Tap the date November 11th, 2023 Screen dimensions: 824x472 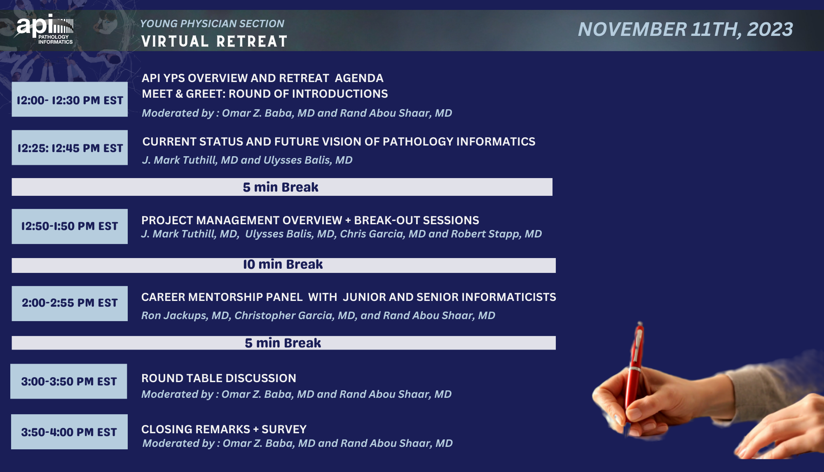(x=685, y=29)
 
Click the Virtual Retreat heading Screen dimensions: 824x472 (x=214, y=41)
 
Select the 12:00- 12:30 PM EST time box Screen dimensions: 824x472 (x=70, y=99)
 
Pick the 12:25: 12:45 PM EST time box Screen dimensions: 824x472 (x=70, y=148)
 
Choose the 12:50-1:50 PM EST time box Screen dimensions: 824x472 (x=70, y=226)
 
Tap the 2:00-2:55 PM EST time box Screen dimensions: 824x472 (x=70, y=303)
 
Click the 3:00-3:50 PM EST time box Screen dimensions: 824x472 (x=69, y=381)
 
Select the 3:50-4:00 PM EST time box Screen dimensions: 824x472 (x=69, y=432)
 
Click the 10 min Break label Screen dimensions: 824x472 (x=283, y=264)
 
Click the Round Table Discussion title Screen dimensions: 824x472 (x=219, y=378)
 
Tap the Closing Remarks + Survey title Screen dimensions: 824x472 (x=224, y=429)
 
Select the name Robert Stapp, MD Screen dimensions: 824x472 (x=496, y=234)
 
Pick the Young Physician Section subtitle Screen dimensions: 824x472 (x=212, y=23)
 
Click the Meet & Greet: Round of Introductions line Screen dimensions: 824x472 (x=265, y=94)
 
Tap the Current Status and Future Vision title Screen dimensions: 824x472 (x=339, y=141)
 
